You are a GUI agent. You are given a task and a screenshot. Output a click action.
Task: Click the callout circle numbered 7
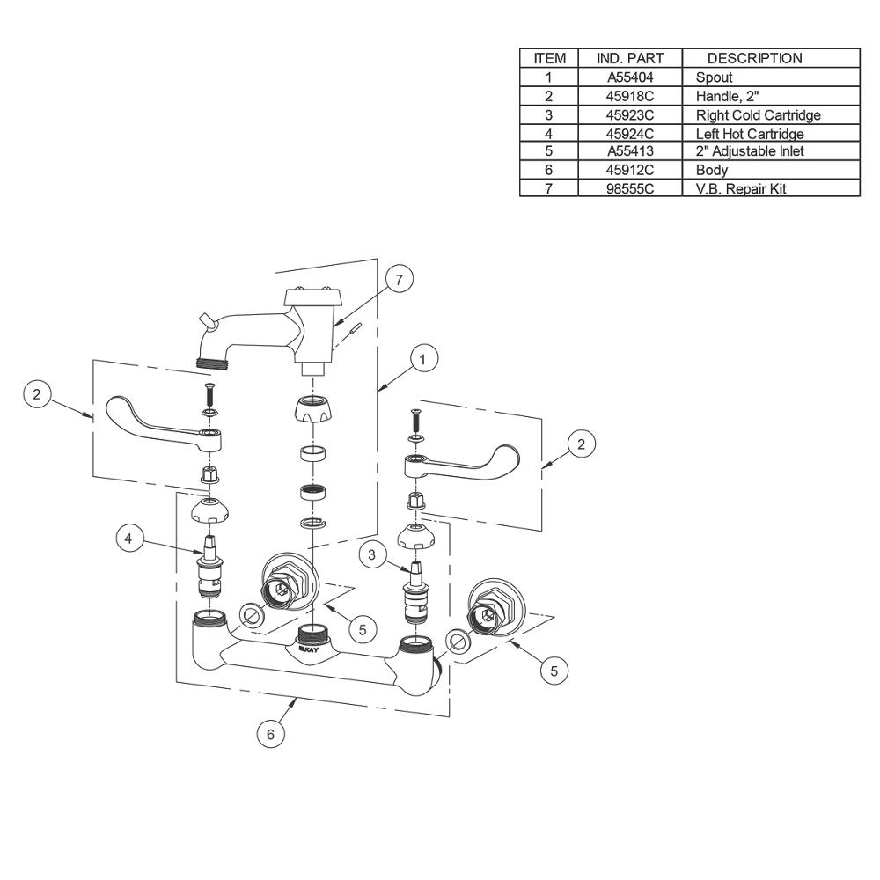tap(399, 279)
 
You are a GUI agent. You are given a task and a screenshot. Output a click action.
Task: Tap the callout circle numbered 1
tap(423, 359)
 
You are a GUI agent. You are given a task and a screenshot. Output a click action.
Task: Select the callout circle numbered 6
tap(270, 734)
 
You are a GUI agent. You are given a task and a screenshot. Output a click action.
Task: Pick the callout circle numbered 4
tap(128, 539)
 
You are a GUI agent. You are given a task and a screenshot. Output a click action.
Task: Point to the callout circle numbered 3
tap(371, 555)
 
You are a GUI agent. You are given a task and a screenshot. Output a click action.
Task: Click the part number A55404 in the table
tap(630, 77)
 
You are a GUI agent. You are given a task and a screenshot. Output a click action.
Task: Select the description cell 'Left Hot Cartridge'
tap(750, 134)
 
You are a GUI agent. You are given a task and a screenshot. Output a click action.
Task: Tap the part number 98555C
tap(630, 188)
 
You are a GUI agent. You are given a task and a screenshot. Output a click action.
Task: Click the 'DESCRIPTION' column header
tap(754, 58)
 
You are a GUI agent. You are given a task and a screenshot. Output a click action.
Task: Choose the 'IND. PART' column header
tap(630, 58)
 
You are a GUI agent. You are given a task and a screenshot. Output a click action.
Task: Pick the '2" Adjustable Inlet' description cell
tap(750, 151)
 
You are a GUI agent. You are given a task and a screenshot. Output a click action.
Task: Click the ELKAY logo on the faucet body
tap(308, 649)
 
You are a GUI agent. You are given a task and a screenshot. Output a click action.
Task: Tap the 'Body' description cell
tap(712, 170)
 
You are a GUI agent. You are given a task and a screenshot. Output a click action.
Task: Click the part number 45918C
tap(630, 97)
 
